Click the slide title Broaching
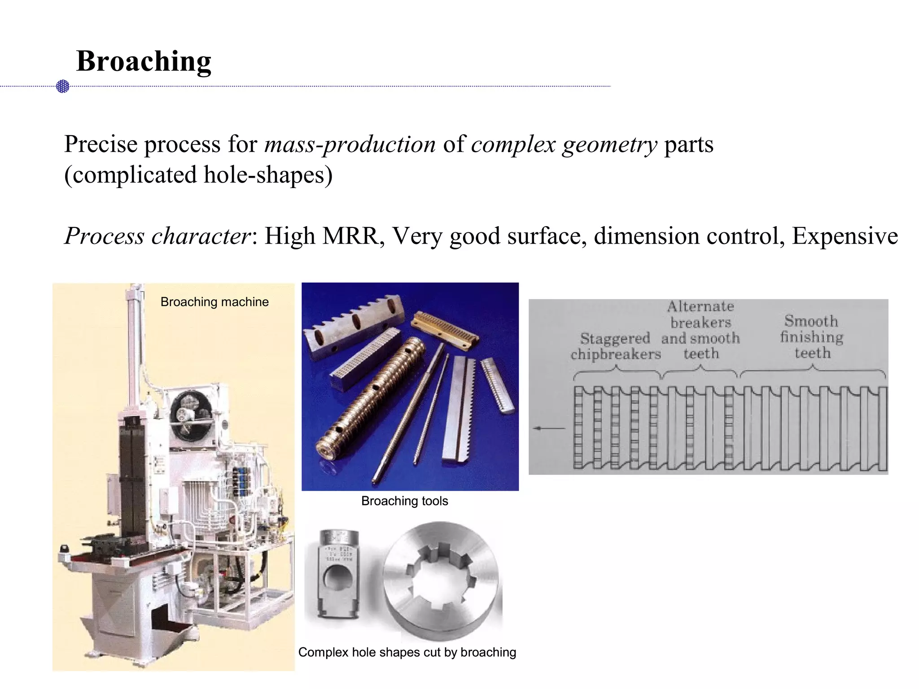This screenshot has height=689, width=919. (x=144, y=61)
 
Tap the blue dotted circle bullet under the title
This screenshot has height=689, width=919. (x=63, y=86)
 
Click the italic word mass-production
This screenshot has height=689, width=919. (x=350, y=144)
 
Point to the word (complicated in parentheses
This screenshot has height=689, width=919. (x=130, y=175)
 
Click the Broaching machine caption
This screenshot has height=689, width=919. (x=214, y=302)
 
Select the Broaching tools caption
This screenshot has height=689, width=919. (x=404, y=501)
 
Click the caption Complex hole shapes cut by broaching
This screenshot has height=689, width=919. (x=407, y=652)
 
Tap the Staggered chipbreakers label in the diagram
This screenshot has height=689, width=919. (x=616, y=346)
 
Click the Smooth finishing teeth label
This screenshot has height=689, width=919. (x=812, y=337)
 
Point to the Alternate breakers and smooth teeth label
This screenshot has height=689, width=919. (x=700, y=330)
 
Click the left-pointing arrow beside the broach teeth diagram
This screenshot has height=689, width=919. (x=548, y=428)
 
